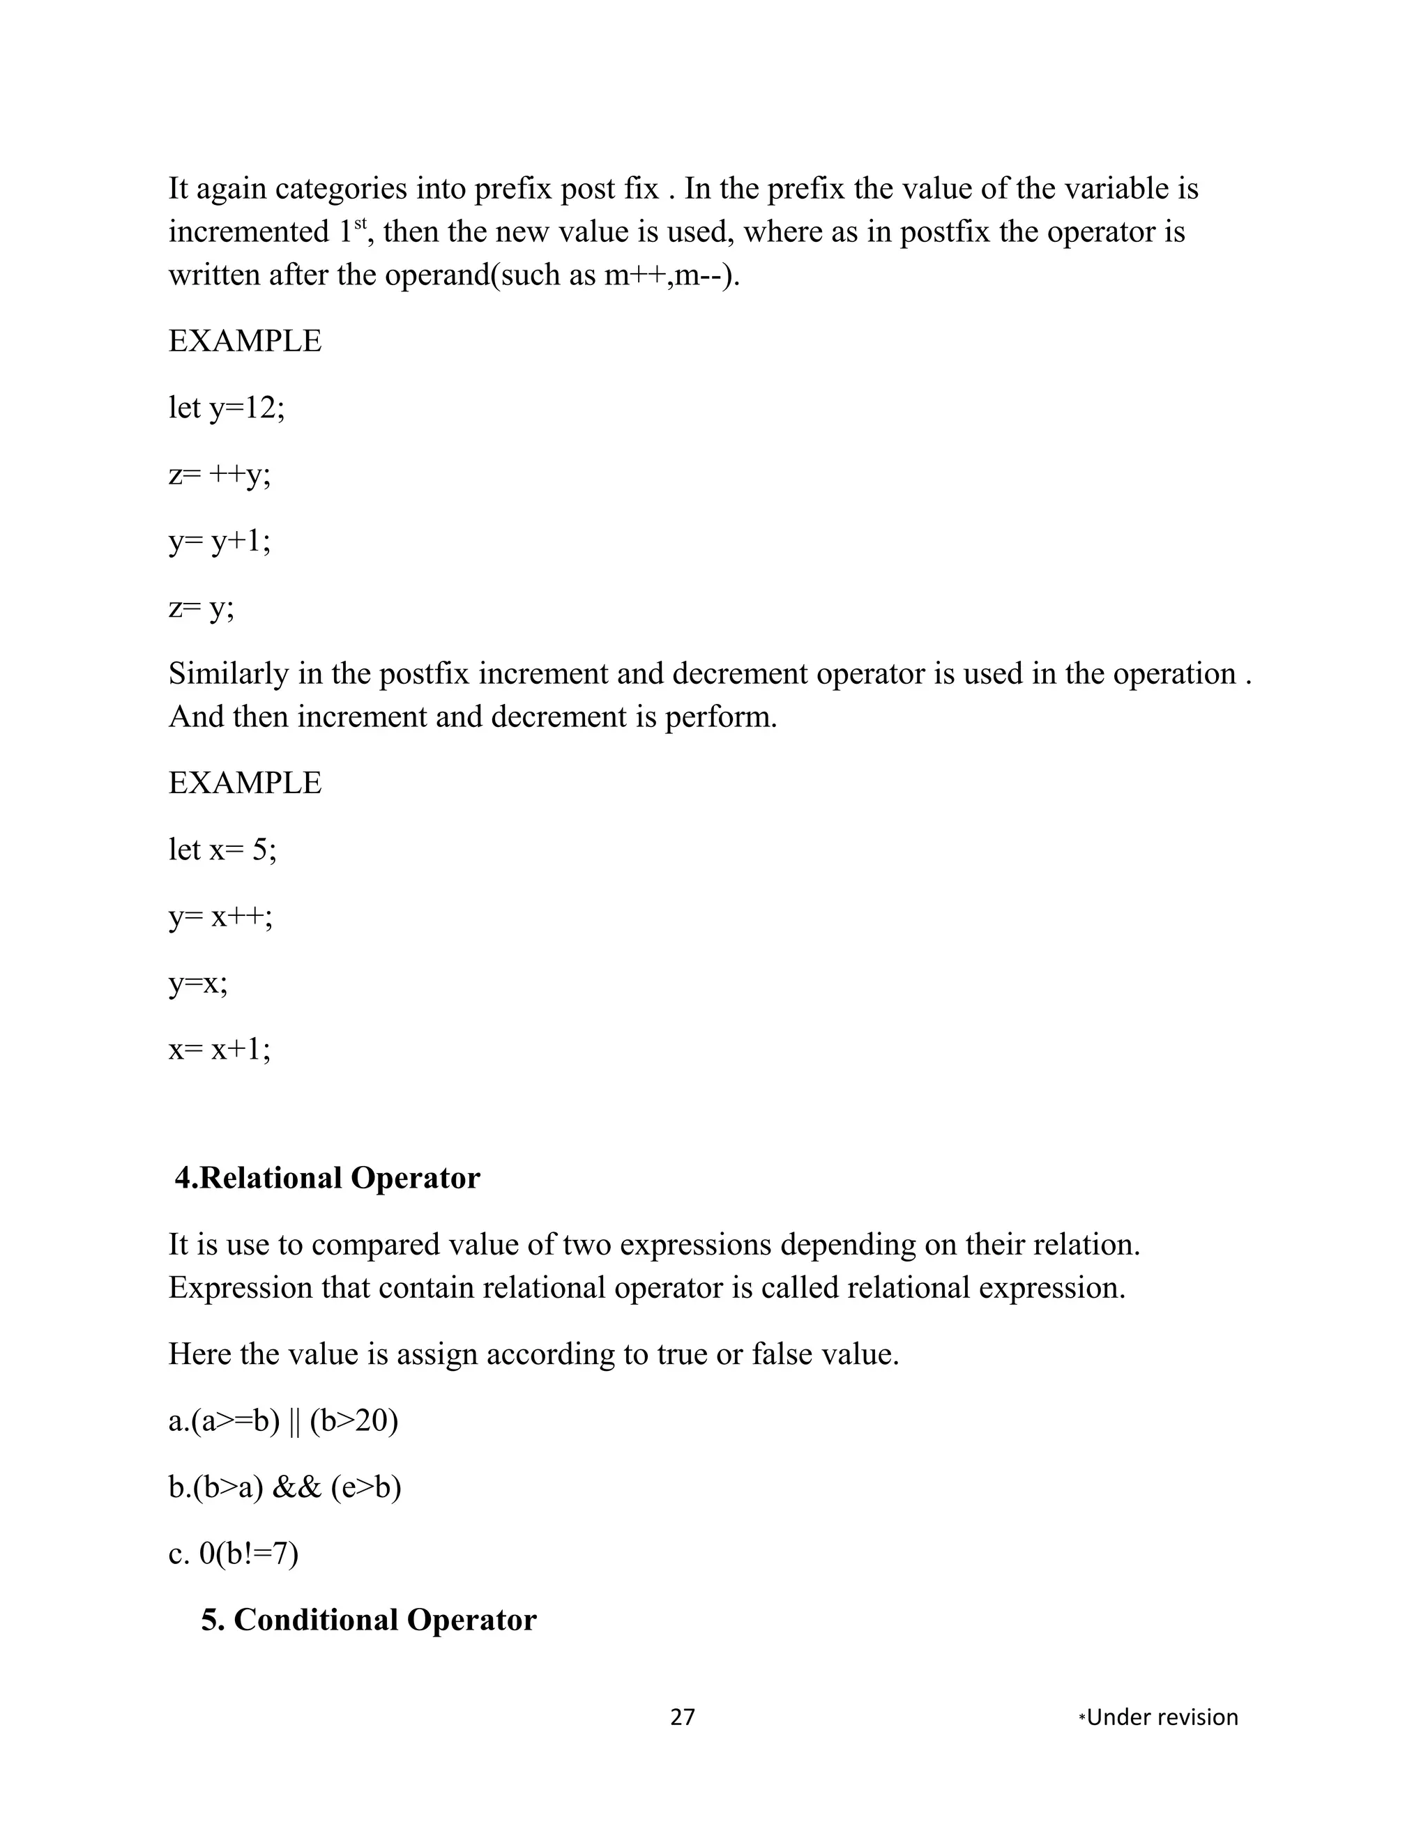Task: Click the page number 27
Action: [682, 1717]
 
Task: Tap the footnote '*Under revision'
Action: [1158, 1717]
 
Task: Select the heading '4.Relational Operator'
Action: [328, 1178]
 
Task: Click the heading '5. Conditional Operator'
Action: [368, 1620]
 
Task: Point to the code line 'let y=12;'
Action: [227, 408]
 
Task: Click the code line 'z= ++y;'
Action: [220, 475]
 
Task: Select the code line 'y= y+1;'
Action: [220, 542]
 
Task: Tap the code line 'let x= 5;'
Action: [222, 849]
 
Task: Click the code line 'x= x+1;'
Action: [220, 1050]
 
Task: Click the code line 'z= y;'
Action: [202, 608]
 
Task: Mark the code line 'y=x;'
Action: [198, 983]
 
